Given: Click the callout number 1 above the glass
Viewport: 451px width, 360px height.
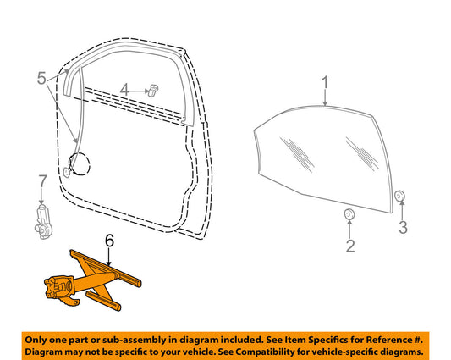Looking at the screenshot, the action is [x=325, y=83].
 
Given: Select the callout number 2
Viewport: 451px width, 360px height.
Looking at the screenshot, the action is [x=350, y=246].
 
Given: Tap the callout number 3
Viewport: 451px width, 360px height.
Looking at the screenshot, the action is [x=403, y=227].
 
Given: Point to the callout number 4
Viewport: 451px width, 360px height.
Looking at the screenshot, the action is [x=124, y=90].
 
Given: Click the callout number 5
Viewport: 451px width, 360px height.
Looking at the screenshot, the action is [x=41, y=78].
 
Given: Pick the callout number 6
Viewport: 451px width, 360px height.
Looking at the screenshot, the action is [x=110, y=241].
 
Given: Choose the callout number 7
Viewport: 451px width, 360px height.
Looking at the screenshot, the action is [x=42, y=182].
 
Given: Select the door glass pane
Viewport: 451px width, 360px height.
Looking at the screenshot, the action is [x=323, y=160].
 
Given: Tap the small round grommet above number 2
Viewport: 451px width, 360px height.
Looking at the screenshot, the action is [x=349, y=214].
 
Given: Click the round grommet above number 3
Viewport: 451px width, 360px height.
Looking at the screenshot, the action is [x=399, y=196].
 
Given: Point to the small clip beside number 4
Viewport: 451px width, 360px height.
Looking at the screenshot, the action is [x=154, y=90].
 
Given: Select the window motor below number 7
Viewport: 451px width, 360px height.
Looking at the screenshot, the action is [x=43, y=222].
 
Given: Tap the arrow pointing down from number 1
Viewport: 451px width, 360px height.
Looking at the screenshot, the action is [x=325, y=98].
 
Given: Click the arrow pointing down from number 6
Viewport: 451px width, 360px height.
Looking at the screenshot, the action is [x=109, y=257].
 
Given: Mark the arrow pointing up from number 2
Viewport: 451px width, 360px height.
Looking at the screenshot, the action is [x=349, y=230].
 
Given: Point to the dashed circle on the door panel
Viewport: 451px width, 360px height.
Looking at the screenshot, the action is [x=79, y=163].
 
